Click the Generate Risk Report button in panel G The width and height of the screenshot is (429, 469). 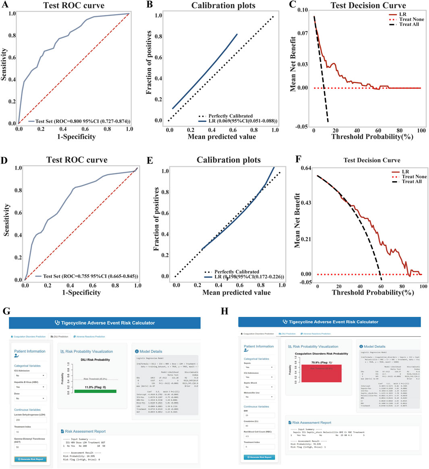pyautogui.click(x=31, y=459)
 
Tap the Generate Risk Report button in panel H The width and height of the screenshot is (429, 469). pyautogui.click(x=259, y=457)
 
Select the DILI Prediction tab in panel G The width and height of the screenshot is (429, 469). pyautogui.click(x=59, y=336)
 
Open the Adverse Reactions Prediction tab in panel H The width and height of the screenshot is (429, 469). pyautogui.click(x=317, y=334)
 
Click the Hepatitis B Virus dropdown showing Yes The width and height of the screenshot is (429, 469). pyautogui.click(x=31, y=387)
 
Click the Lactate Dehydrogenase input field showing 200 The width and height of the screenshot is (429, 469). pyautogui.click(x=31, y=420)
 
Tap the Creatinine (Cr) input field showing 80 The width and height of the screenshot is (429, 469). pyautogui.click(x=259, y=425)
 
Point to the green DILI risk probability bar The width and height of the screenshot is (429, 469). pyautogui.click(x=95, y=391)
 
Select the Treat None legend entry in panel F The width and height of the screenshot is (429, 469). pyautogui.click(x=414, y=177)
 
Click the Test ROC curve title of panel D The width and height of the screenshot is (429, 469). pyautogui.click(x=77, y=160)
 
